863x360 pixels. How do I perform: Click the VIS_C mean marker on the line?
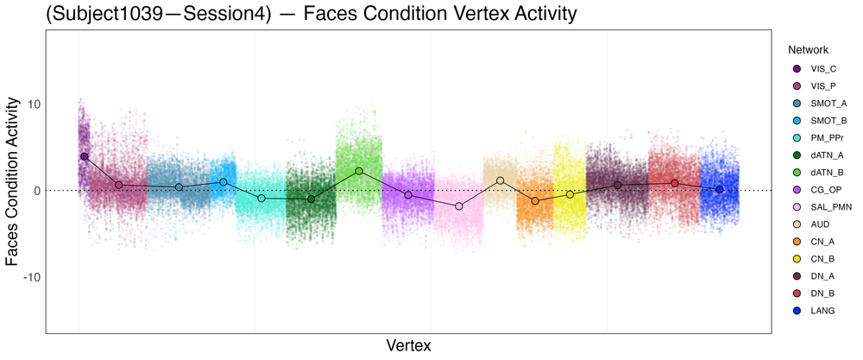coord(84,156)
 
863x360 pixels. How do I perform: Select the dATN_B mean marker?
coord(359,171)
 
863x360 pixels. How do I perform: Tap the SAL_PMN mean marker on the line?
coord(458,206)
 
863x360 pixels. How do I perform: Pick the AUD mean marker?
coord(500,180)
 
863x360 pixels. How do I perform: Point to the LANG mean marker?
coord(719,189)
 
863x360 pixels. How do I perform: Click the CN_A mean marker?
coord(535,201)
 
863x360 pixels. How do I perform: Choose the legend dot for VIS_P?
coord(796,85)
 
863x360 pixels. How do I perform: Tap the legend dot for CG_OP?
coord(796,189)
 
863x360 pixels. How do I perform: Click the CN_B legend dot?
coord(796,258)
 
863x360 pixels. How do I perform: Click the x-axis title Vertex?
coord(408,345)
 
